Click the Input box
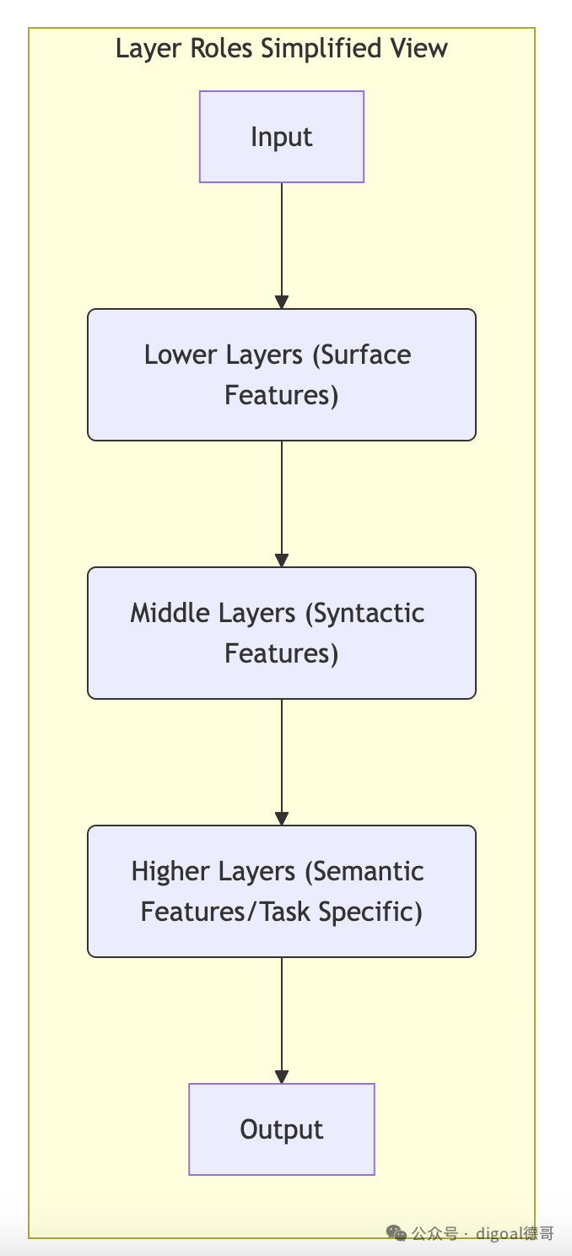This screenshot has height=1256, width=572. click(x=282, y=137)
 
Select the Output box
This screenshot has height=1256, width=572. click(x=282, y=1129)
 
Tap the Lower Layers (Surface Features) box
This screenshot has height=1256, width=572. click(x=282, y=375)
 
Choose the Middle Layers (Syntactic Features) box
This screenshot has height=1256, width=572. click(x=282, y=633)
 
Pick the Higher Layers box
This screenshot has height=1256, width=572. click(x=282, y=891)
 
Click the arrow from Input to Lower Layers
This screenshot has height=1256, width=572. click(x=282, y=246)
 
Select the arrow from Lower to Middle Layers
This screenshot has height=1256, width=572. click(x=282, y=504)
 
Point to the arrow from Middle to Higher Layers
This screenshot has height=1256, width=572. click(x=282, y=762)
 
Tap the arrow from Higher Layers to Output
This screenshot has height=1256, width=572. click(x=282, y=1020)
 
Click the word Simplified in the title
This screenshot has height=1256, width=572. click(x=322, y=49)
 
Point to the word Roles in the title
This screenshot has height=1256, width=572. click(x=221, y=48)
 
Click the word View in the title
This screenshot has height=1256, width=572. click(x=419, y=48)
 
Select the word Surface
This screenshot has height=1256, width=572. click(x=362, y=355)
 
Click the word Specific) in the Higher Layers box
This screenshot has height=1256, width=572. click(x=370, y=912)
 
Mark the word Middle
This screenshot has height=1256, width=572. click(x=170, y=613)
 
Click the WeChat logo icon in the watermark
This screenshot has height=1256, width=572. click(x=396, y=1233)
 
